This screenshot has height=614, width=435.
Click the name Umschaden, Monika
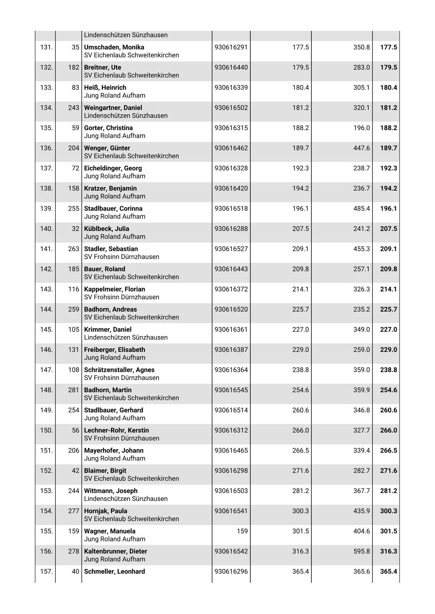click(114, 47)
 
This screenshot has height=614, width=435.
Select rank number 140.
click(46, 229)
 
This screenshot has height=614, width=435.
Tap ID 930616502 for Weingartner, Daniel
click(231, 108)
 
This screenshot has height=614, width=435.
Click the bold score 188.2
click(388, 128)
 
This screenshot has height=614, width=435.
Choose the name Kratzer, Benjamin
click(110, 189)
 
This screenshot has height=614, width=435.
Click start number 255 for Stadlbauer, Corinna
click(74, 209)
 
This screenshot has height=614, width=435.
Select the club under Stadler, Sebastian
click(121, 257)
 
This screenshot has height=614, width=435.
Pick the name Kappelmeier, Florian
click(114, 289)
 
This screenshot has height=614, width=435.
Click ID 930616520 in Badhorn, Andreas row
click(231, 309)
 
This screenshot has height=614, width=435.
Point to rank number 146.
click(46, 350)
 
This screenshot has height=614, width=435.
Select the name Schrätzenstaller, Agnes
click(119, 370)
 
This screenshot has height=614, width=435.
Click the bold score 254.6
click(388, 390)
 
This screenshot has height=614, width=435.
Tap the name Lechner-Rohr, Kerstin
click(116, 430)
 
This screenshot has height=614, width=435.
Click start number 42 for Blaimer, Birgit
click(75, 471)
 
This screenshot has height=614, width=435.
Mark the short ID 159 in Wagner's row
click(242, 531)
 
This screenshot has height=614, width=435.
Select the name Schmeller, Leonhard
click(114, 572)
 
